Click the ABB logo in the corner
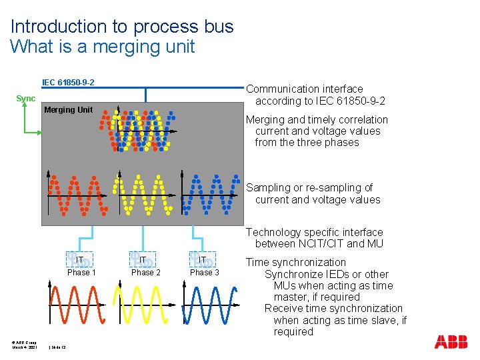[x=451, y=343]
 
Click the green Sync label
[x=26, y=99]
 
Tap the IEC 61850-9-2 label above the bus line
[x=68, y=83]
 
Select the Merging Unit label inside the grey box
[x=68, y=110]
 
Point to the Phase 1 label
[x=81, y=272]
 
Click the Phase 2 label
[x=145, y=272]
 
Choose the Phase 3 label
[x=205, y=272]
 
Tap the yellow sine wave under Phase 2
[x=141, y=305]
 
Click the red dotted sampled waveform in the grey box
[x=77, y=195]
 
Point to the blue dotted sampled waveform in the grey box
[x=212, y=195]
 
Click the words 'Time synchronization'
[x=295, y=263]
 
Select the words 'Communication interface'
[x=305, y=89]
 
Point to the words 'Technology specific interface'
[x=315, y=233]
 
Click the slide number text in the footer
[x=58, y=347]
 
